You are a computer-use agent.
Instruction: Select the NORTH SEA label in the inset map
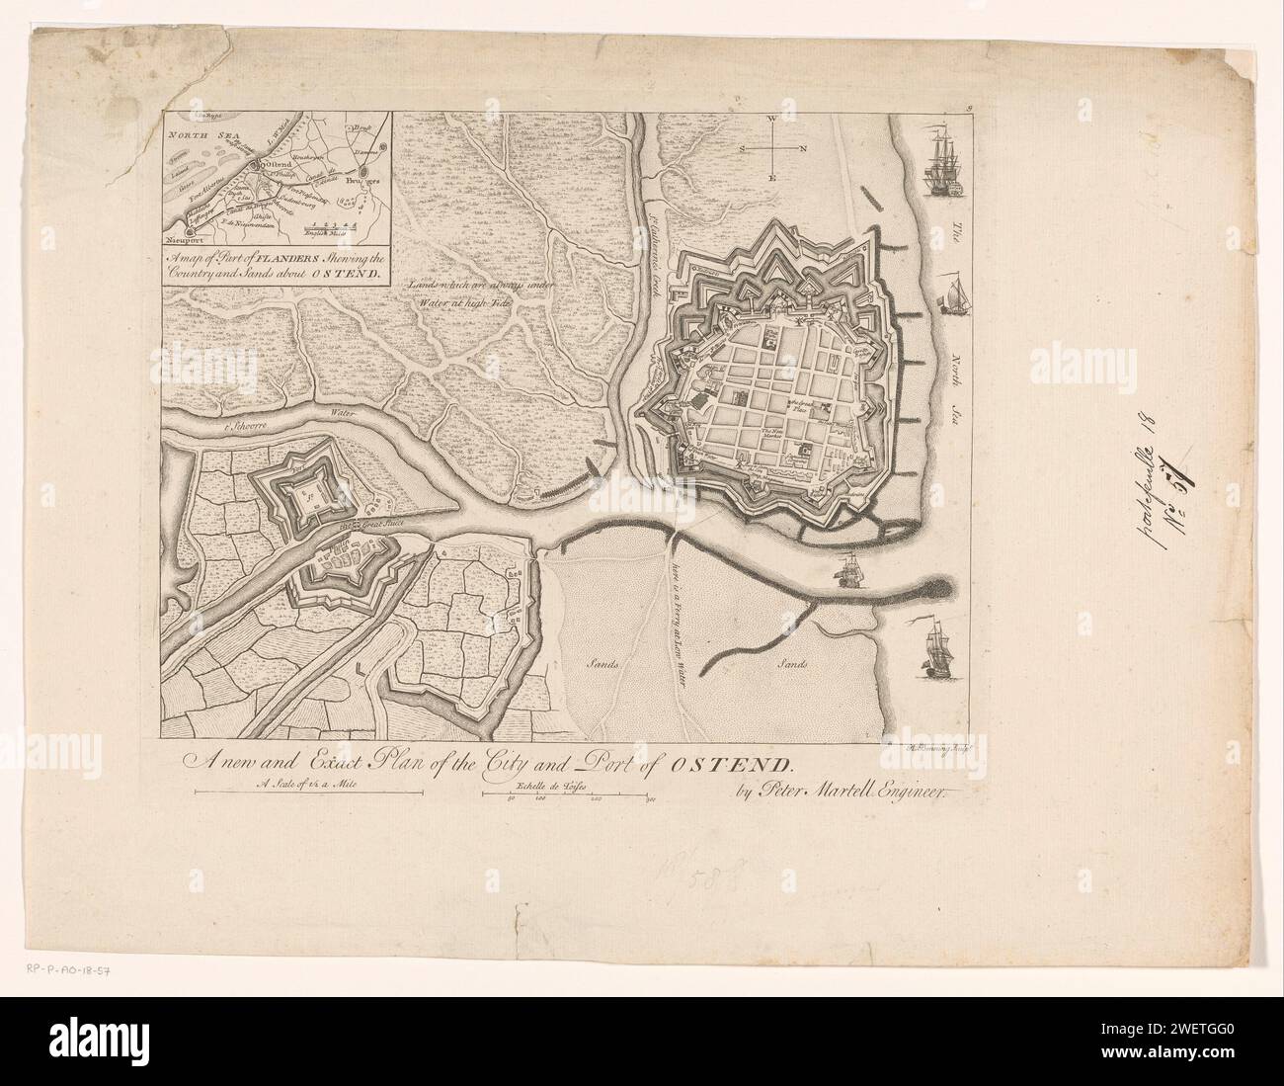[198, 129]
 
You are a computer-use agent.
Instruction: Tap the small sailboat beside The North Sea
[953, 294]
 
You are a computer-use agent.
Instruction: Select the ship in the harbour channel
[846, 571]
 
